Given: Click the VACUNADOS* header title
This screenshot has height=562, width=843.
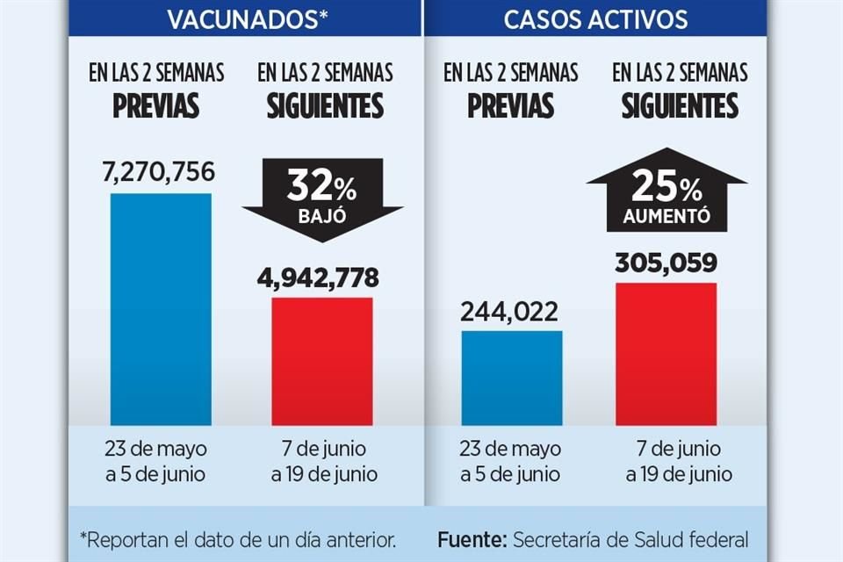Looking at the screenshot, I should point(245,19).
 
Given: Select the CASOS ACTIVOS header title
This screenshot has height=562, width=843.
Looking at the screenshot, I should point(595,19).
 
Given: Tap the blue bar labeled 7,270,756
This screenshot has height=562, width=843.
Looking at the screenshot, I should point(161,309).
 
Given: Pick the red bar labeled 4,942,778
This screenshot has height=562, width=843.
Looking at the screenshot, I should point(322,361).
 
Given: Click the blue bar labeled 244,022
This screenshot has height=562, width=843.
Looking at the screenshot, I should point(512,378).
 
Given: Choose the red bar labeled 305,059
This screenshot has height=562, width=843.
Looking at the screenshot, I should point(666,354).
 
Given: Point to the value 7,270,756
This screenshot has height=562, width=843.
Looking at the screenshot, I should point(159,172).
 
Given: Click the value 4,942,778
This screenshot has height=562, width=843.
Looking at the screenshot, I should point(319,278).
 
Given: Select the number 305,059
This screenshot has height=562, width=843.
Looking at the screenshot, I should point(666,263).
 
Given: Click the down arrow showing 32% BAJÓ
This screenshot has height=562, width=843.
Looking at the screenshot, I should point(322,198).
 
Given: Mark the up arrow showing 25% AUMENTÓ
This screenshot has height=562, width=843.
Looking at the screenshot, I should point(666,191).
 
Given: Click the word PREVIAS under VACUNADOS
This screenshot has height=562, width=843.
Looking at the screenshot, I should point(155,106).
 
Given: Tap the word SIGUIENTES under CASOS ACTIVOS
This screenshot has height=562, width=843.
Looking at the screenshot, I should point(680,106).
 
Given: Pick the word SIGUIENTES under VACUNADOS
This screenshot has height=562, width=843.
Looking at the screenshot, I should point(326,106).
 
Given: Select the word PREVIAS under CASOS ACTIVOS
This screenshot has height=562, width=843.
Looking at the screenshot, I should point(510,106).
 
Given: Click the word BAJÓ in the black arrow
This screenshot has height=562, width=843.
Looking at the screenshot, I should point(322,214).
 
